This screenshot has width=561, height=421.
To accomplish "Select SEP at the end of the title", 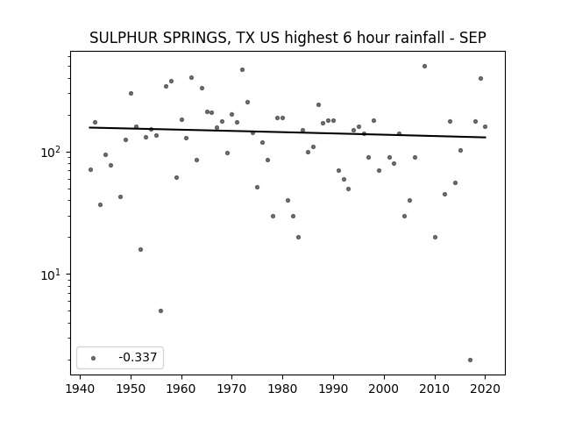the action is (x=472, y=38).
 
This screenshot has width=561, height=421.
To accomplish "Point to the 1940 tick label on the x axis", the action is (x=80, y=389).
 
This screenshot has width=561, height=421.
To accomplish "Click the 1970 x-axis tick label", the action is (x=231, y=389).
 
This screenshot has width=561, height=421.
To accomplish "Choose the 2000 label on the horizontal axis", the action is (x=384, y=389).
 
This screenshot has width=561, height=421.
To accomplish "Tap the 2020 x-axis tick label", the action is (x=485, y=389).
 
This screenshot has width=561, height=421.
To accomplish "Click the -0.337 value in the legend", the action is (x=138, y=357).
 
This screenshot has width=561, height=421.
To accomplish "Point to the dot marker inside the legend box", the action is (x=94, y=358).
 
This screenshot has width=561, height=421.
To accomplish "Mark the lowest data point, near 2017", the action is (x=470, y=360).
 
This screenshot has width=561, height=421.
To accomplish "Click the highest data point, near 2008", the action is (x=424, y=67).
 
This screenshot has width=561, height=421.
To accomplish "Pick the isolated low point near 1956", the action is (x=160, y=310).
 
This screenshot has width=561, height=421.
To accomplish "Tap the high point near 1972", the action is (x=242, y=70).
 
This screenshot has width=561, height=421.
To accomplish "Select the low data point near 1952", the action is (x=140, y=249).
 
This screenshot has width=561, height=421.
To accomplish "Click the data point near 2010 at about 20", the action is (x=435, y=238).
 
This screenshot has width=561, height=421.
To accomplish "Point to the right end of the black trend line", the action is (x=486, y=138).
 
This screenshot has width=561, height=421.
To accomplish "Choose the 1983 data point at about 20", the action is (x=298, y=238).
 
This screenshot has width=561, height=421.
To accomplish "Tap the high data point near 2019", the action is (x=480, y=78).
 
